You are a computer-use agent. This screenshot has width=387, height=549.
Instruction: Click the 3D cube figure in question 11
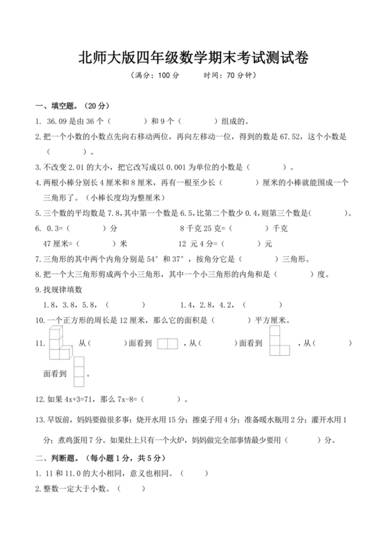coord(60,343)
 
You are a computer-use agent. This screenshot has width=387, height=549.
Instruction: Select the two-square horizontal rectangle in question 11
coord(167,343)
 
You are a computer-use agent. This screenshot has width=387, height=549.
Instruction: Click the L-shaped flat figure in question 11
coord(279,341)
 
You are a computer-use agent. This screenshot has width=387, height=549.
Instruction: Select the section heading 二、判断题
coord(61,458)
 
